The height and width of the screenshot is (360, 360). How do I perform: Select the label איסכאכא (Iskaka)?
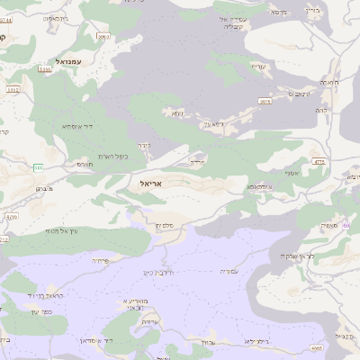click(x=260, y=188)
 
